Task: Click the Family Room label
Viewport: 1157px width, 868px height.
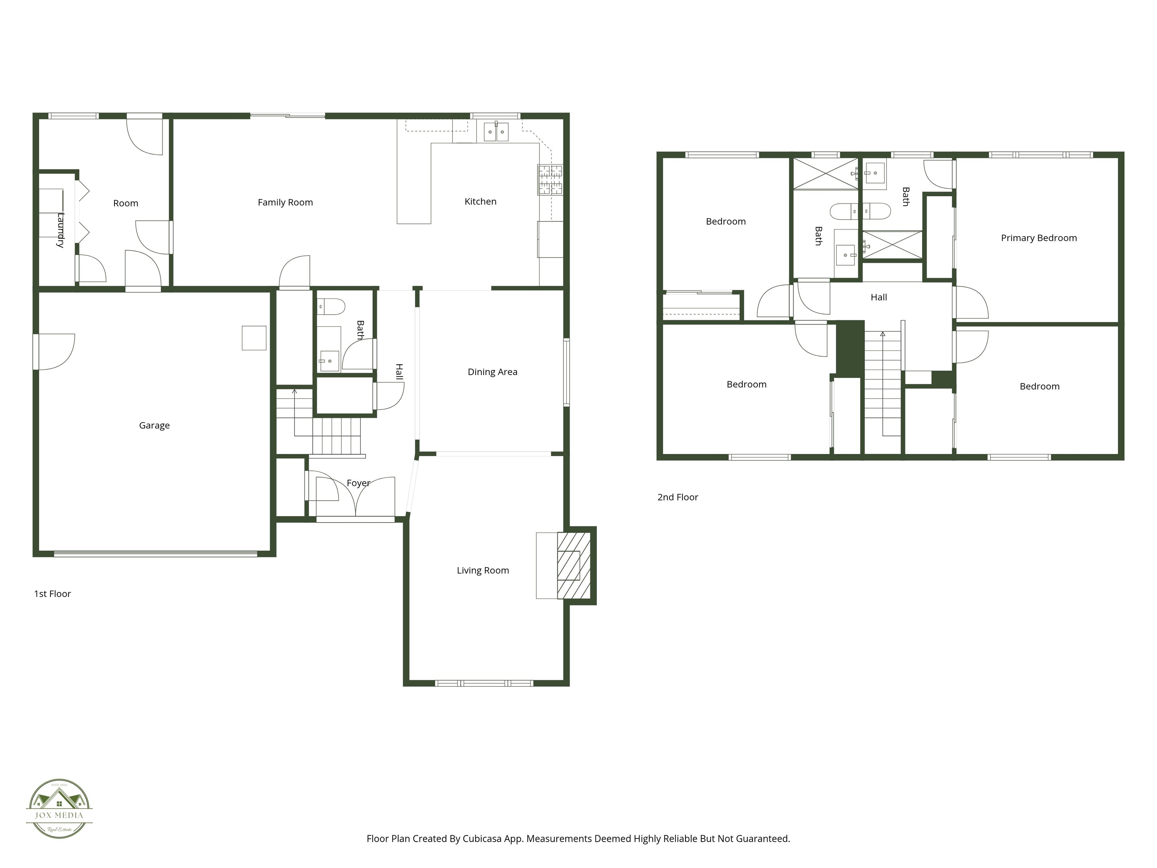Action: coord(285,202)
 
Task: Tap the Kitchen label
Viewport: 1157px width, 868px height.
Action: coord(480,202)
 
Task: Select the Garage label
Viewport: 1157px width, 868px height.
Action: coord(154,425)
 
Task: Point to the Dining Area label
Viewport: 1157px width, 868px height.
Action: coord(492,372)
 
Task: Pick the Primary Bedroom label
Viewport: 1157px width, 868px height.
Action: coord(1039,238)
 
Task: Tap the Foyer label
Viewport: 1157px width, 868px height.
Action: coord(358,483)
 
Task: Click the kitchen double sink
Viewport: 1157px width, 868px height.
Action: coord(496,132)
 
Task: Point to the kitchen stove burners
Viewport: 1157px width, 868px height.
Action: coord(550,179)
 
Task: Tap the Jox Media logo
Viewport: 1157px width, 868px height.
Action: coord(59,808)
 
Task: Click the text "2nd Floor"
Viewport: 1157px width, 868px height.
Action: coord(677,497)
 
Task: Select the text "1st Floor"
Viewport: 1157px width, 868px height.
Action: coord(52,594)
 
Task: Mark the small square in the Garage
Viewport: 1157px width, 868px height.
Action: coord(254,338)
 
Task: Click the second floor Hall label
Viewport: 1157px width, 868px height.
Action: coord(879,297)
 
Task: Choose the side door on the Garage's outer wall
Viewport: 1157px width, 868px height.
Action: coord(54,351)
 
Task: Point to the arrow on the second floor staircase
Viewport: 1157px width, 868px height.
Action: coord(882,334)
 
